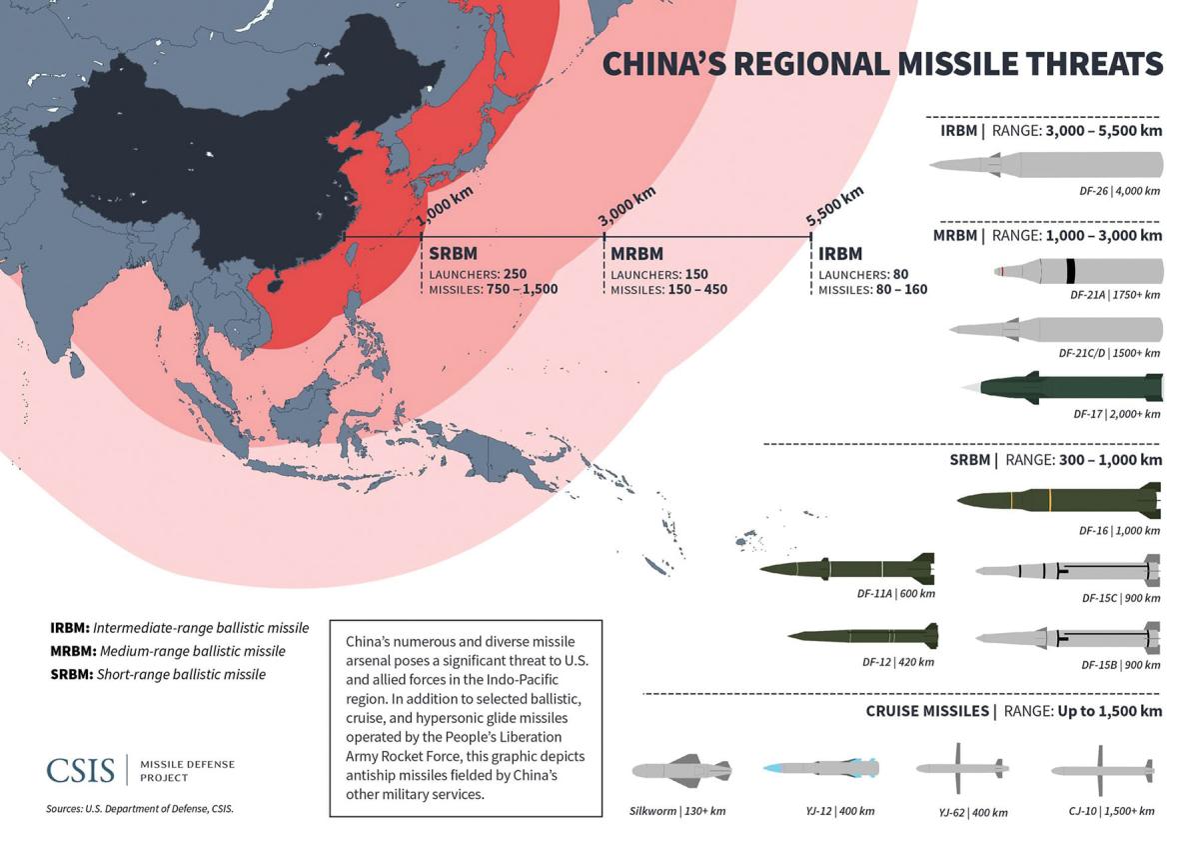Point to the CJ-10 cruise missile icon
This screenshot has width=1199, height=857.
pos(1102,770)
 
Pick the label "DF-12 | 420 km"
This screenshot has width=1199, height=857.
pos(897,662)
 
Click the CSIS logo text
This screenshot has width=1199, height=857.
pos(80,770)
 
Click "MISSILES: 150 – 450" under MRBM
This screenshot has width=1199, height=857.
pos(668,290)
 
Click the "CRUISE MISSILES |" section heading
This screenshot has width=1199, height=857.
pos(930,711)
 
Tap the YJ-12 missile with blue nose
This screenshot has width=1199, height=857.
pos(820,768)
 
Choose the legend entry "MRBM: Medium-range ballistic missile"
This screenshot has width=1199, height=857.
pos(167,651)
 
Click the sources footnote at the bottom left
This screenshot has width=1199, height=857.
pos(139,808)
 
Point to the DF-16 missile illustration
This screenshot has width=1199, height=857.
pos(1058,497)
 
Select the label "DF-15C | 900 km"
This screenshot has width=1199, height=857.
pos(1120,598)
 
